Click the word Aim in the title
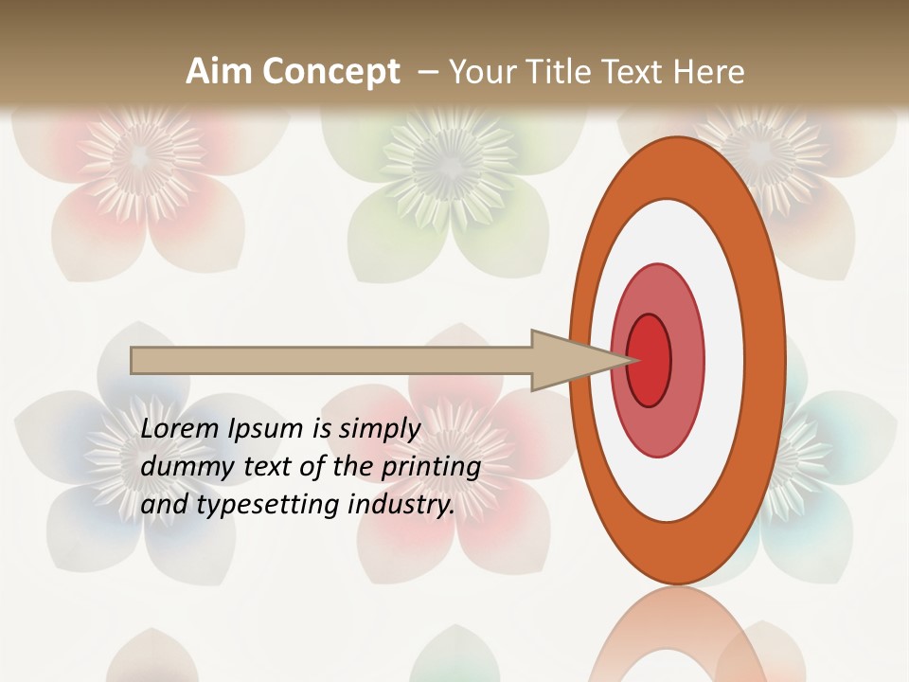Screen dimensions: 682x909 [219, 72]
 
